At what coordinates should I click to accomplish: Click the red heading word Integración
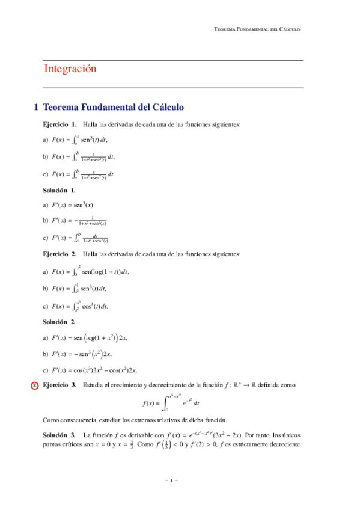[x=70, y=69]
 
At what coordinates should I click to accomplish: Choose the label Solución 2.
[x=59, y=322]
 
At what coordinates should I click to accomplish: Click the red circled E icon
[x=34, y=384]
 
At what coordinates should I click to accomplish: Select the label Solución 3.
[x=59, y=434]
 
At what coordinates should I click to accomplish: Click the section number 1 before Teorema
[x=37, y=108]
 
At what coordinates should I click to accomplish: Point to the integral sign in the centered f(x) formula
[x=158, y=402]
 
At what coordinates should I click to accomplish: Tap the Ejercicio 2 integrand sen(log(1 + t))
[x=96, y=272]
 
